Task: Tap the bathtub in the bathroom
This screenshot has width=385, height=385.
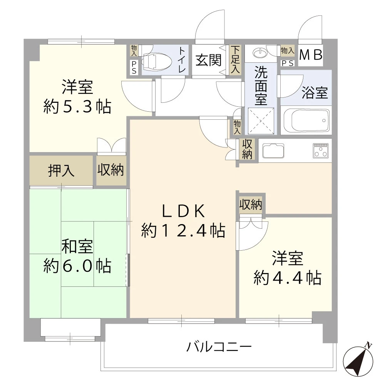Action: (306, 120)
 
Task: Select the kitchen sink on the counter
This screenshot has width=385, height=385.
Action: (273, 151)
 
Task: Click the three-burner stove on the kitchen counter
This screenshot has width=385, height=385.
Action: (321, 151)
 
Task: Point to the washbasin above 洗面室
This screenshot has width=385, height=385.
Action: (259, 52)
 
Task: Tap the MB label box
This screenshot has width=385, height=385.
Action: (311, 55)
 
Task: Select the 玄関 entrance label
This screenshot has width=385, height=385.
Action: (208, 60)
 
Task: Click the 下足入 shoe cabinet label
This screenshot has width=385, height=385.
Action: (235, 60)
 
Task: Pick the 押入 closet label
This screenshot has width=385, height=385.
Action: (61, 171)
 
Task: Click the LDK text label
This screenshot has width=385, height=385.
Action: (183, 211)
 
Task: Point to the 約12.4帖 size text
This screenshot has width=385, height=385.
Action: (183, 231)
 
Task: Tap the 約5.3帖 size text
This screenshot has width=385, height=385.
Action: (77, 107)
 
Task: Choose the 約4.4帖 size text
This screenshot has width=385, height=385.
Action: (287, 278)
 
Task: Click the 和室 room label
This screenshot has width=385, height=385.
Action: (77, 246)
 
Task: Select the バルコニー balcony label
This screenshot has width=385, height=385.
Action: (219, 347)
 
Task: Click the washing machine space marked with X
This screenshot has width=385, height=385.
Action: (261, 121)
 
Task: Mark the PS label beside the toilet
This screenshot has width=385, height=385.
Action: (134, 67)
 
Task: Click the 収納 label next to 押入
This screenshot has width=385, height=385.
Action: (110, 170)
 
